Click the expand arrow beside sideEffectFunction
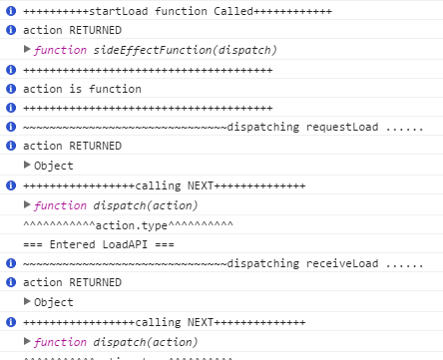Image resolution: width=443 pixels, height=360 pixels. coord(27,50)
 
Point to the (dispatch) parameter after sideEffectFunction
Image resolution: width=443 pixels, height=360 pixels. coord(244,50)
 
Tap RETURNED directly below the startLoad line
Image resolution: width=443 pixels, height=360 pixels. coord(95,31)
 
